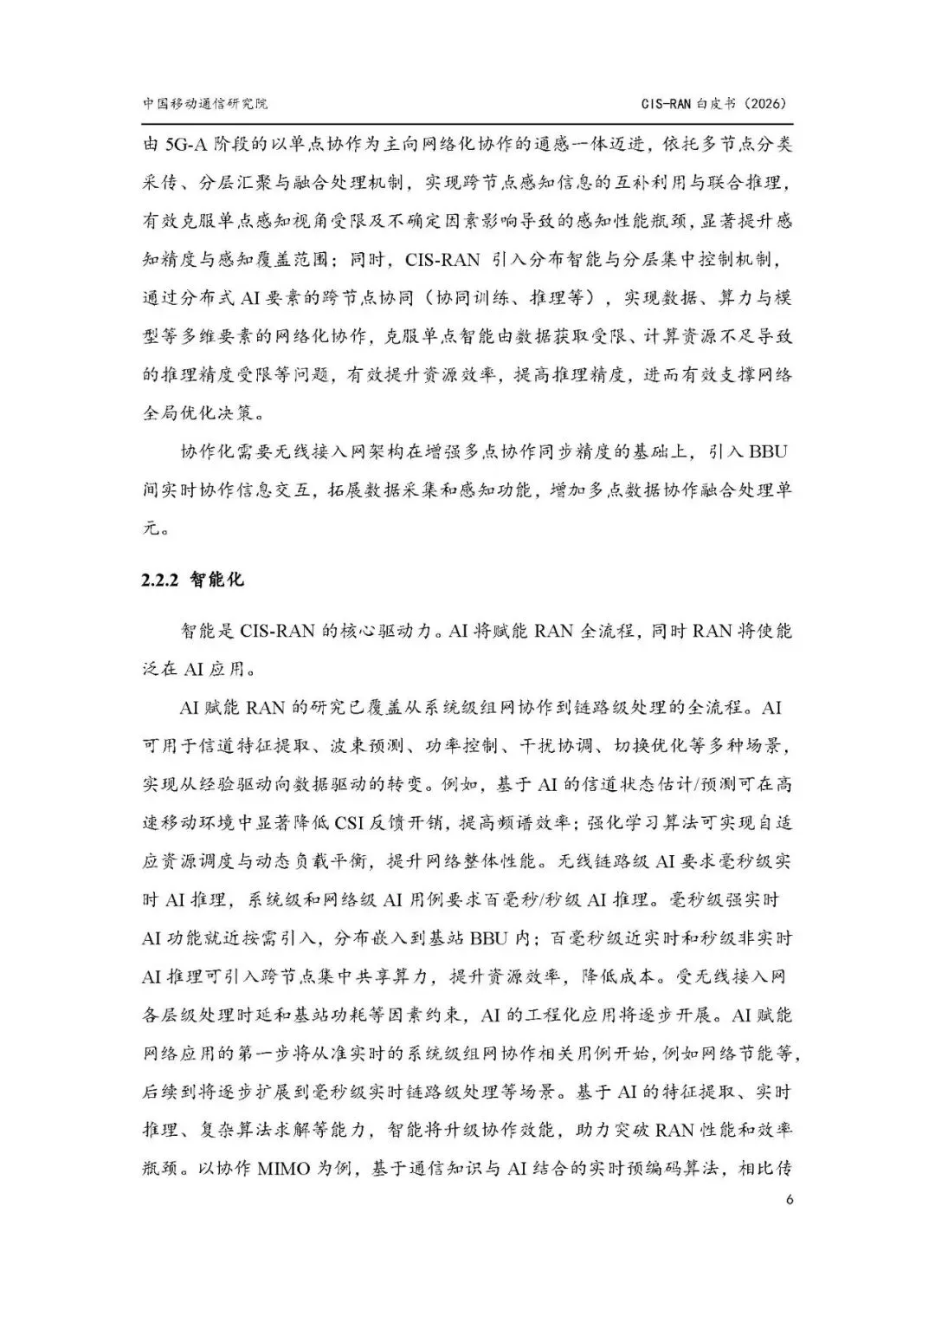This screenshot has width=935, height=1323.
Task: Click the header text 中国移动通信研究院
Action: [205, 102]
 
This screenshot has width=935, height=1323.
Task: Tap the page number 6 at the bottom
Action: [788, 1199]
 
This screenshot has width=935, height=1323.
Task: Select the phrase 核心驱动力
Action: [390, 631]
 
